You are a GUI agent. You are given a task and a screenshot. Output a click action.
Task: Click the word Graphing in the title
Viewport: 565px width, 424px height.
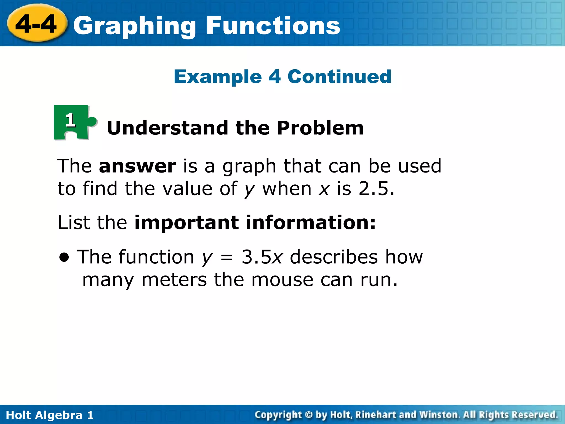pos(135,26)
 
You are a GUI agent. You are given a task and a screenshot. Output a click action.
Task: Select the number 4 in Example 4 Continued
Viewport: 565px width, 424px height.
pos(274,76)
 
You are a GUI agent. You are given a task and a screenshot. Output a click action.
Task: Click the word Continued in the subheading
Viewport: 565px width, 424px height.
pos(339,76)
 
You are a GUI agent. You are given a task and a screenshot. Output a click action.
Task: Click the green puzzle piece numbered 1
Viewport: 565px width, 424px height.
pos(73,122)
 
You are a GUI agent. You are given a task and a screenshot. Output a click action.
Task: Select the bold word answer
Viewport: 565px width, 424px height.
pos(137,166)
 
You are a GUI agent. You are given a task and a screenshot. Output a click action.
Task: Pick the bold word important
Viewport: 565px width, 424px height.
pos(186,222)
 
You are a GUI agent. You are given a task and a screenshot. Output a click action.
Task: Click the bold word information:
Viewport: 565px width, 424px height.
pos(311,222)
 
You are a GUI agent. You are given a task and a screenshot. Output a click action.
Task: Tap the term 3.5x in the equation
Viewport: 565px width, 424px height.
pos(262,257)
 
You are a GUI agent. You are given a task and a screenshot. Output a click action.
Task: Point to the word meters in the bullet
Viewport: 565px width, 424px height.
pos(174,280)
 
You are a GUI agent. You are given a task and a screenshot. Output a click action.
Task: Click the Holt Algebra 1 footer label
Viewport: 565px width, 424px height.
pos(50,415)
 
